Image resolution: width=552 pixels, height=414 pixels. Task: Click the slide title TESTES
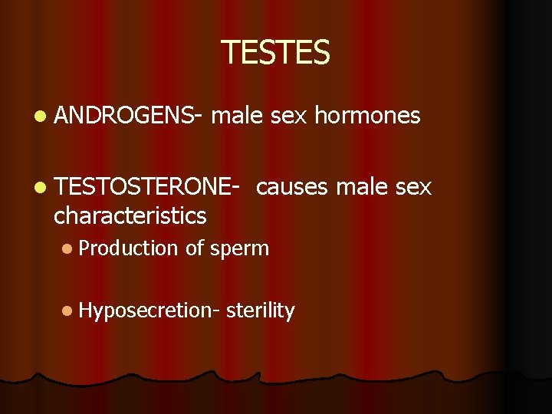[x=275, y=52]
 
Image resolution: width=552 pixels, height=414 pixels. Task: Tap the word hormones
[x=367, y=116]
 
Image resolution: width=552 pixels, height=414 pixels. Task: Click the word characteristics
[x=130, y=216]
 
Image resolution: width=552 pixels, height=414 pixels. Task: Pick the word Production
[x=128, y=248]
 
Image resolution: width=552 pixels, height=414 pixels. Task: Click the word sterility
[x=261, y=310]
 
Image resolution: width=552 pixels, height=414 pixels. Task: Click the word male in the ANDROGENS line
[x=236, y=116]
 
